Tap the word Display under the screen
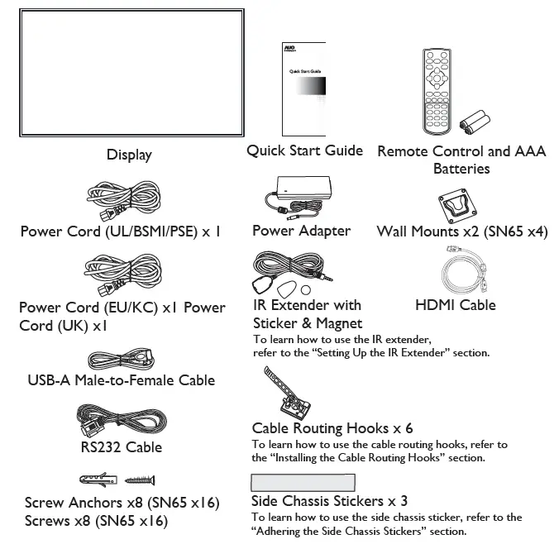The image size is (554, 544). click(129, 155)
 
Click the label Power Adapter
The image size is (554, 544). click(301, 231)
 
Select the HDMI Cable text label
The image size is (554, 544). click(456, 305)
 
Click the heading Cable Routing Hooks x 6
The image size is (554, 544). click(332, 428)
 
